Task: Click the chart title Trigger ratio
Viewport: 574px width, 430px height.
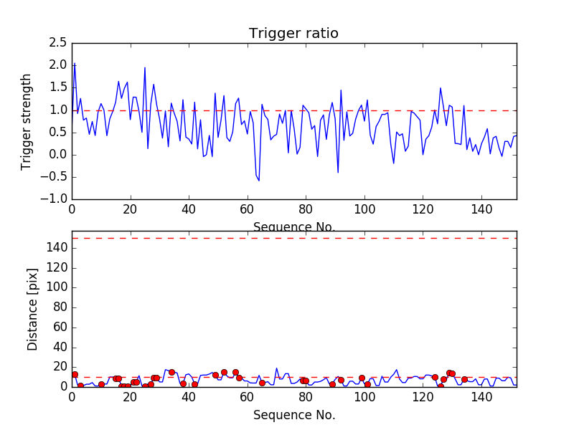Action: point(293,34)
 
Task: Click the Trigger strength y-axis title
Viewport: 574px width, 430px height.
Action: point(27,121)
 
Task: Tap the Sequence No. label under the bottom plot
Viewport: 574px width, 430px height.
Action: point(294,415)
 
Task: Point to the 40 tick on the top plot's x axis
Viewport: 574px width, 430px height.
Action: point(189,210)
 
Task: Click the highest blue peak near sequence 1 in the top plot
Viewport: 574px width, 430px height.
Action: point(75,64)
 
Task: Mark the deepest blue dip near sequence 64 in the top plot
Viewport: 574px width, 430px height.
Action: point(259,180)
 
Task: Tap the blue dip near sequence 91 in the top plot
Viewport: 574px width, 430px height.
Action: point(338,172)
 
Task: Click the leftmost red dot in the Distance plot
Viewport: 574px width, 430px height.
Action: point(75,374)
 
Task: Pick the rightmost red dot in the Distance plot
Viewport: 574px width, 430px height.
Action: point(464,379)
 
